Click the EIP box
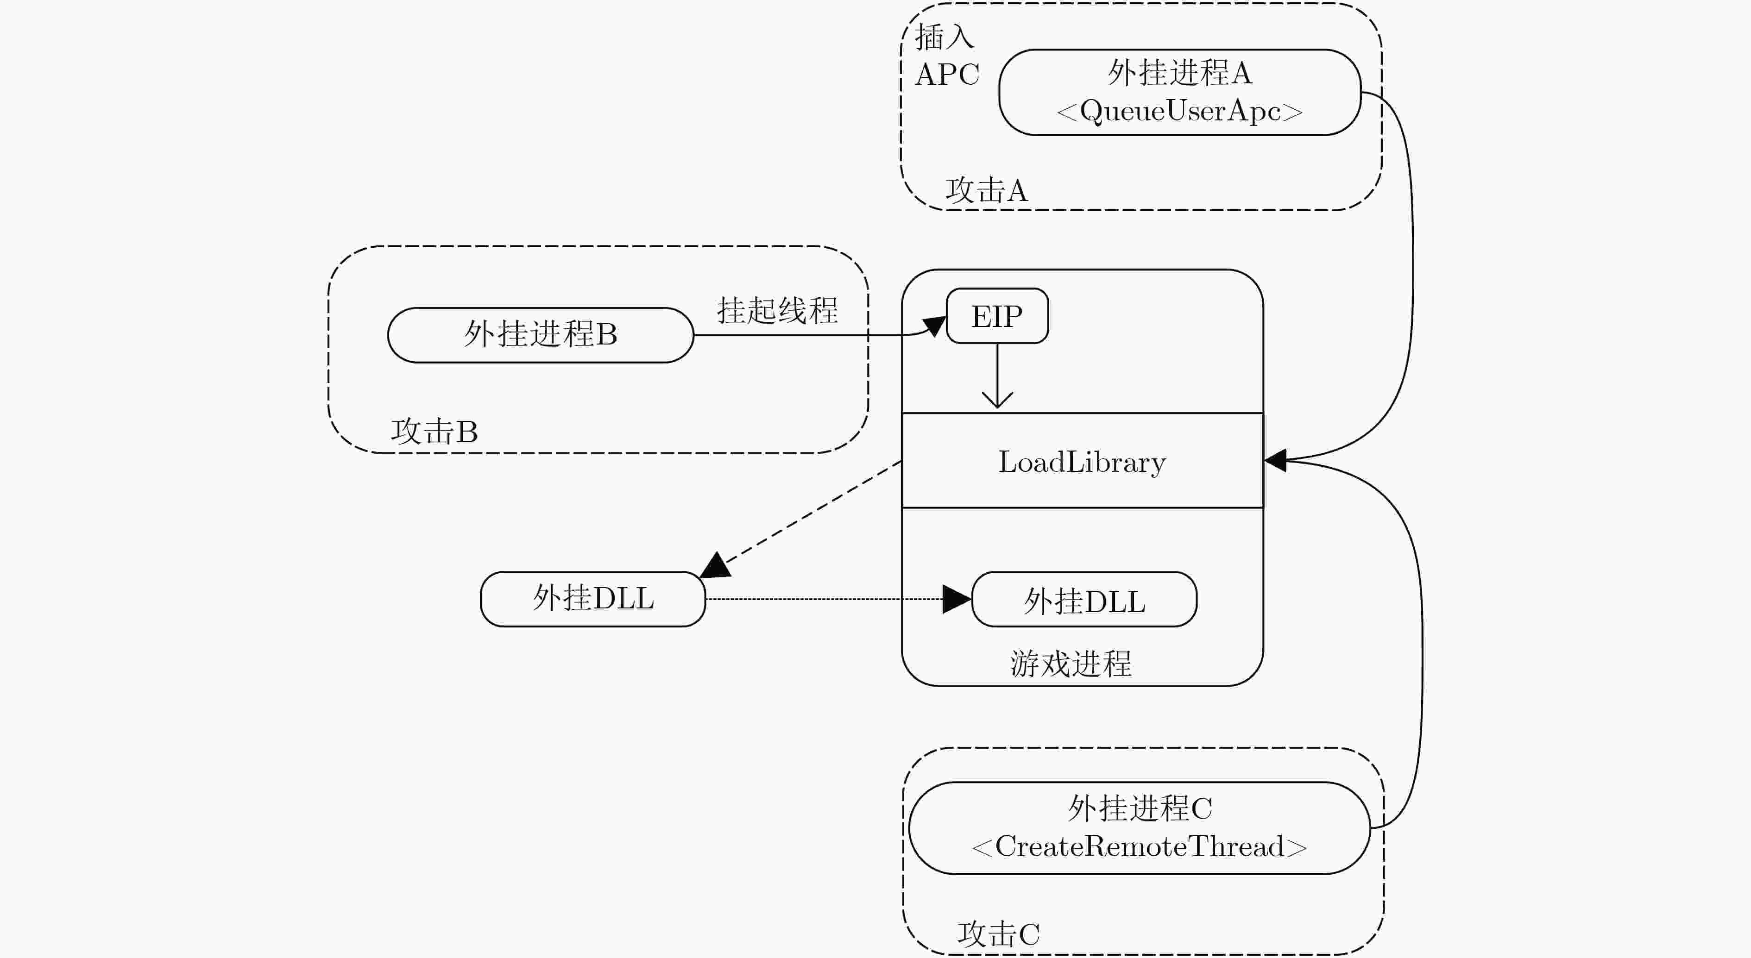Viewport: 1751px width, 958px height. tap(997, 316)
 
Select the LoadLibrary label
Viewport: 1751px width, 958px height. tap(1082, 463)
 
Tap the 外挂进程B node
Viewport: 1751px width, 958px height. tap(541, 335)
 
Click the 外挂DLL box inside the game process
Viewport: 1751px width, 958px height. tap(1084, 599)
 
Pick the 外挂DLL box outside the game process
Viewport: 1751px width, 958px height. tap(593, 599)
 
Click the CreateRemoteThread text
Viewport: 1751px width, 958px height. tap(1139, 846)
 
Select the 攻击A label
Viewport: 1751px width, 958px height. tap(986, 190)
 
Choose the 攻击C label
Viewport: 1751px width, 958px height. tap(999, 934)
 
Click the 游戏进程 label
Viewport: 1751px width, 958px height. tap(1071, 663)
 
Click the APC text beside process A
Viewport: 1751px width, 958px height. tap(947, 74)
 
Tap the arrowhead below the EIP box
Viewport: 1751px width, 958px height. tap(997, 400)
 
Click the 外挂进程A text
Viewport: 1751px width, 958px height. tap(1180, 73)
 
